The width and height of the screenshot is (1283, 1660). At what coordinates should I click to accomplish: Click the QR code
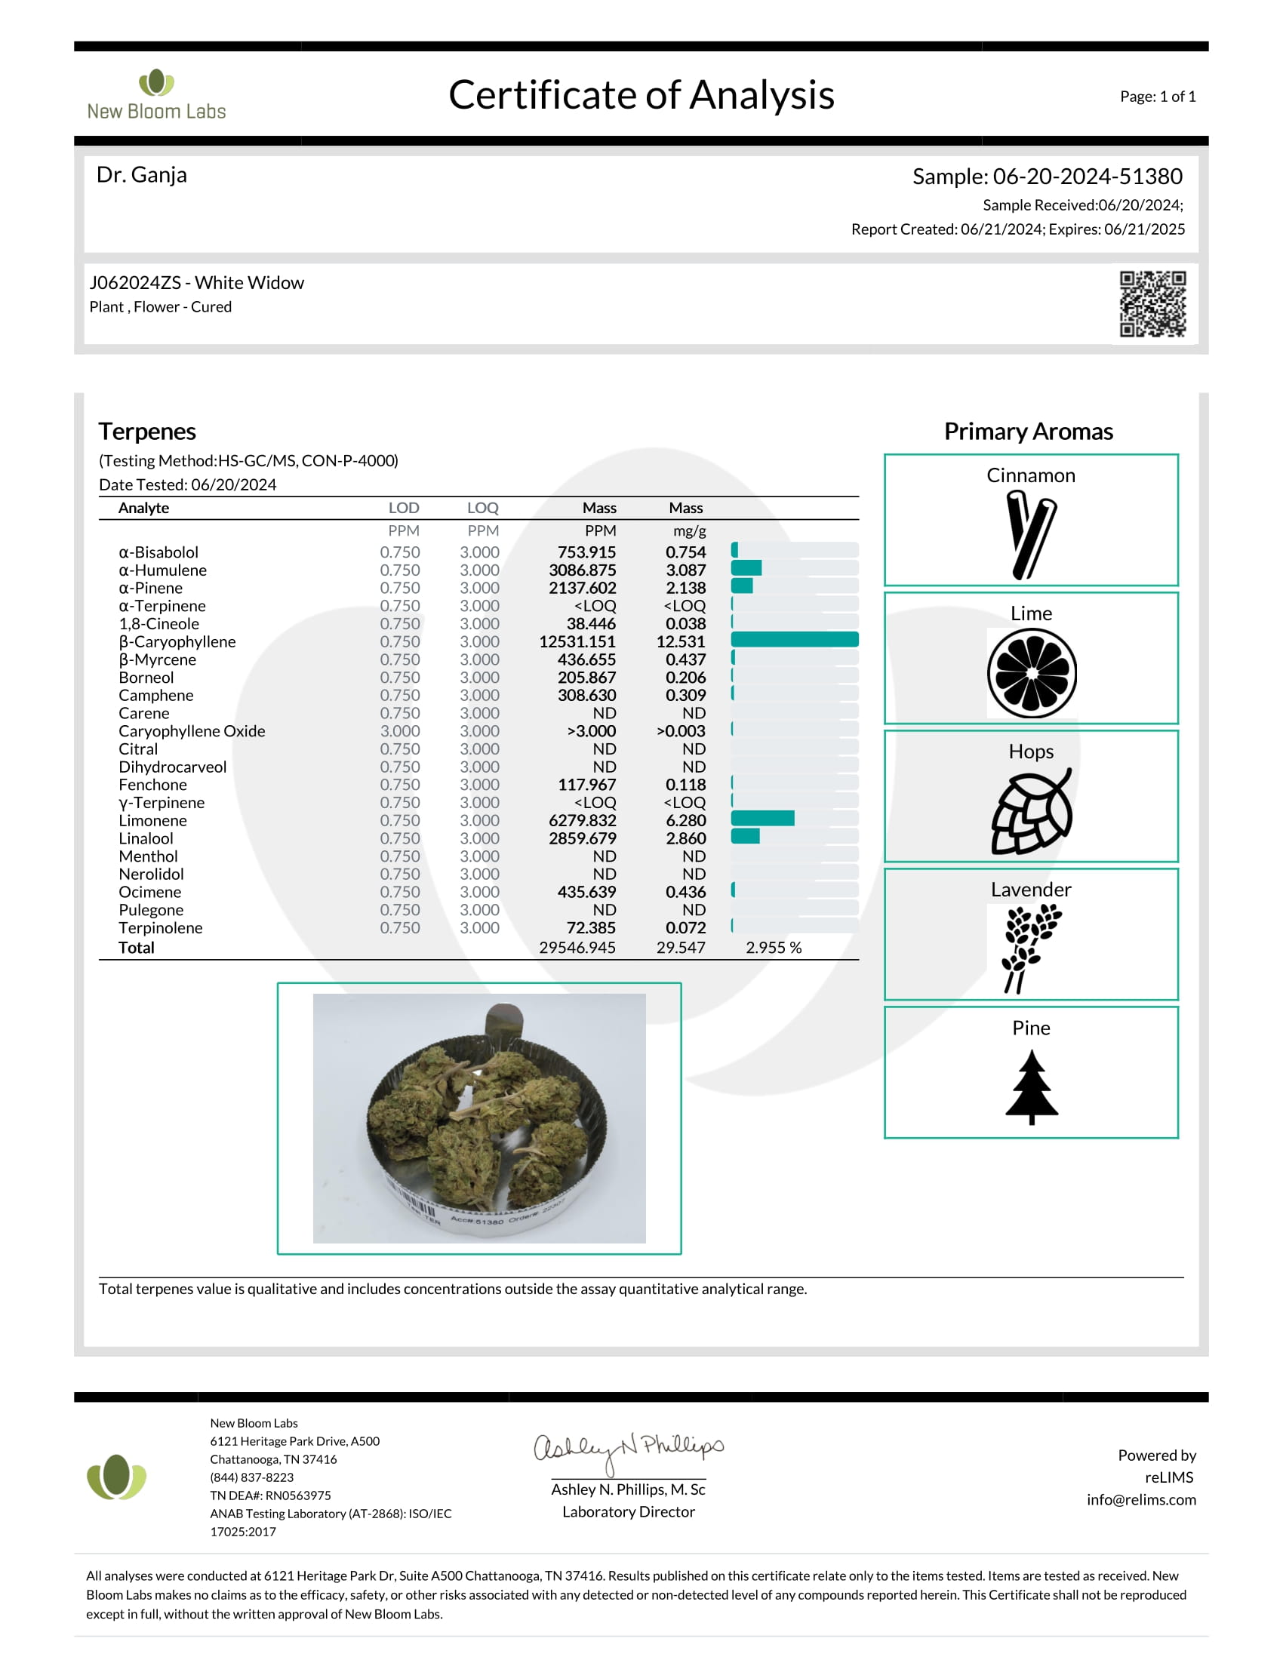[1152, 303]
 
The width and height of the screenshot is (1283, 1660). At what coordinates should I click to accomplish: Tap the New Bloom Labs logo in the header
[156, 95]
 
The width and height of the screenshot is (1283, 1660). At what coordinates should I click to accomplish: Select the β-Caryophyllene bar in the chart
[794, 640]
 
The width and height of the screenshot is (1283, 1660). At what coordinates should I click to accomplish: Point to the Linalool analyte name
[146, 838]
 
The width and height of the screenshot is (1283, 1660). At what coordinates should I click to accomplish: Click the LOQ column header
[483, 508]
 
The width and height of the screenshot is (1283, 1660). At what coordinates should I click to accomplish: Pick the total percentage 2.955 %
[773, 948]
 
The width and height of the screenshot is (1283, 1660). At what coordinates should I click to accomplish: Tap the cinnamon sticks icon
[1031, 533]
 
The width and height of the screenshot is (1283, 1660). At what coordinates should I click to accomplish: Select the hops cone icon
[1031, 811]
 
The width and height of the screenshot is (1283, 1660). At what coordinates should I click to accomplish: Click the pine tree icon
[1032, 1086]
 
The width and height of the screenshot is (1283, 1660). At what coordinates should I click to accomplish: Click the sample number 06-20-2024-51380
[1087, 177]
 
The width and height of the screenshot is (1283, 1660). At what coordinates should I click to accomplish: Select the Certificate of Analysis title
[641, 95]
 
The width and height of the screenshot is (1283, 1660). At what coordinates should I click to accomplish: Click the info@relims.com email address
[1141, 1499]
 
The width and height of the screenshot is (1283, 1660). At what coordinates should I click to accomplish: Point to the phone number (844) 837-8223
[251, 1477]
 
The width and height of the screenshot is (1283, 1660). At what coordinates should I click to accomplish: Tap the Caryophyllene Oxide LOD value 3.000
[400, 731]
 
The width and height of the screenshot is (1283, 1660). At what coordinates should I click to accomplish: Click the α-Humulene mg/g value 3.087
[685, 570]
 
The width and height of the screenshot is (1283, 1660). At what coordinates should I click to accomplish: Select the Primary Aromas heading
[1029, 432]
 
